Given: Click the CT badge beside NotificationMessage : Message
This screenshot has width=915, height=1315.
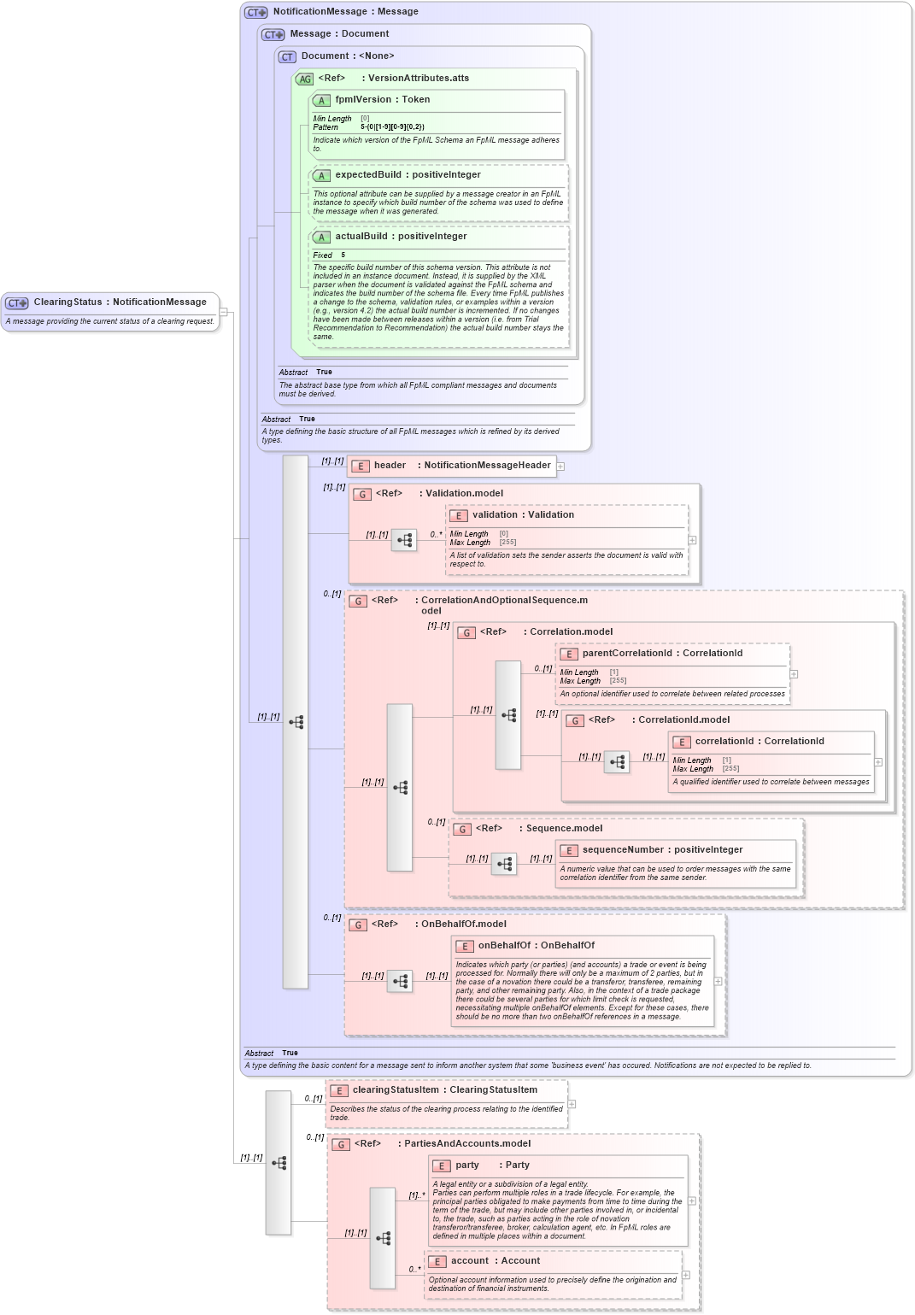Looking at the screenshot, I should (256, 13).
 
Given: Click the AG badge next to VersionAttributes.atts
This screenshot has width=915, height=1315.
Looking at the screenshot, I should (304, 79).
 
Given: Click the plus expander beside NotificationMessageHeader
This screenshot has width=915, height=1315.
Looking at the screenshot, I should (560, 467).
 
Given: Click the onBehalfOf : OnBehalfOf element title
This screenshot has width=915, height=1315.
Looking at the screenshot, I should (536, 946).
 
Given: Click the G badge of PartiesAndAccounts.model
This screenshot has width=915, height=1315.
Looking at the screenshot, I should (341, 1145).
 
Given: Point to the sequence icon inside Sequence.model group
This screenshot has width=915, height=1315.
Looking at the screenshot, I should (504, 865).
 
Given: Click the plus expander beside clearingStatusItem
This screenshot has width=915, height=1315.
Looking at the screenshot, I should (572, 1104).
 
